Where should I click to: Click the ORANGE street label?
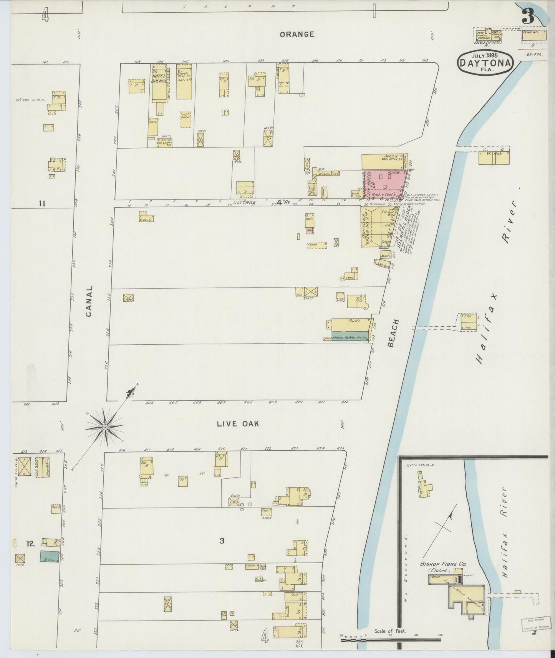point(297,34)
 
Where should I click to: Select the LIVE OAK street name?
point(238,424)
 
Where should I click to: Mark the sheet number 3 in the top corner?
point(529,16)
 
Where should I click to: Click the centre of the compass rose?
point(105,427)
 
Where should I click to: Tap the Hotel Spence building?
point(159,83)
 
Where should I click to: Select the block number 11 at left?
point(42,203)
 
